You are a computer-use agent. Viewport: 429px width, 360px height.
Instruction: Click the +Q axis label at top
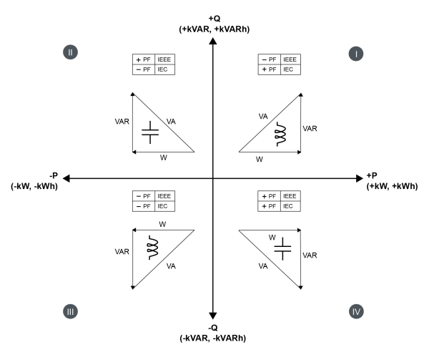point(212,23)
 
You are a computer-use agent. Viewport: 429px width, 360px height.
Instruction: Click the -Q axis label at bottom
point(212,334)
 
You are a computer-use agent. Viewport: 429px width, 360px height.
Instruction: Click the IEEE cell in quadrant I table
point(289,59)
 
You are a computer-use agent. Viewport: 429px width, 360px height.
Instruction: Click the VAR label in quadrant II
point(122,122)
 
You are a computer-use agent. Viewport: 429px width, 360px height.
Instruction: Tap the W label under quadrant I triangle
point(260,159)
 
